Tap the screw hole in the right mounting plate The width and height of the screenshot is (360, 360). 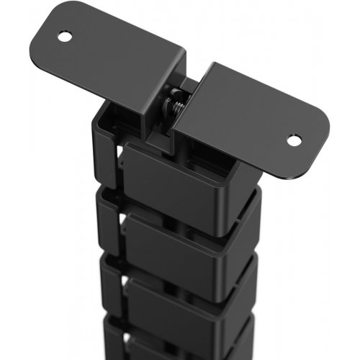point(293,139)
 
